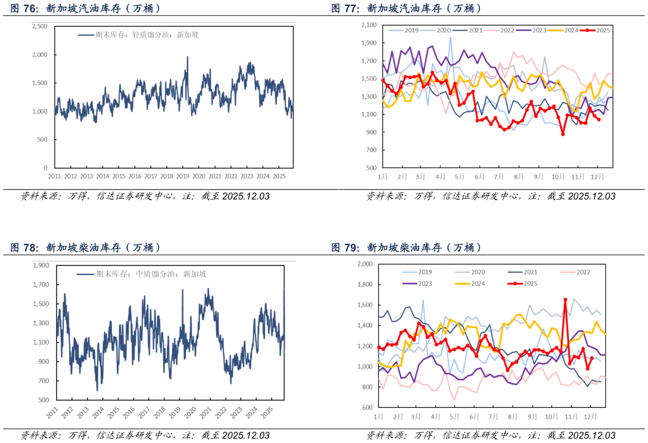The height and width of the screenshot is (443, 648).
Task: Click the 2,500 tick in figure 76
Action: (40, 26)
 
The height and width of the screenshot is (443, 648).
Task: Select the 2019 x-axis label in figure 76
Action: (183, 176)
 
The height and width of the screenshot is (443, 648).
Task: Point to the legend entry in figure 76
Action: (138, 35)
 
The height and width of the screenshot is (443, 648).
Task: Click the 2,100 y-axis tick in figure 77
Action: (369, 25)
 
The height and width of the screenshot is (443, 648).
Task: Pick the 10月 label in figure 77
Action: (558, 176)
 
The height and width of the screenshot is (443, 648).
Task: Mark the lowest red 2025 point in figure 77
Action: (563, 134)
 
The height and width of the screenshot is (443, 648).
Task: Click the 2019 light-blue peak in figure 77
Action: (450, 37)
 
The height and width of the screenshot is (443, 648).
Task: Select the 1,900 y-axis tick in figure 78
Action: (41, 266)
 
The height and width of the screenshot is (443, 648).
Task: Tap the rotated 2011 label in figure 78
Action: (52, 413)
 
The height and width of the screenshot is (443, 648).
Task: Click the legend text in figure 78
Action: (151, 274)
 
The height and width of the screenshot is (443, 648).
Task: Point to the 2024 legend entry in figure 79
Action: (470, 283)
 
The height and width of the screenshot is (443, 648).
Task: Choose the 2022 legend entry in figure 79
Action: (575, 272)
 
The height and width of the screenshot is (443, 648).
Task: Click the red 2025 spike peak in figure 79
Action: (565, 299)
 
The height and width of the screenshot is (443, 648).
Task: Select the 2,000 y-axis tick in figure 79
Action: (364, 264)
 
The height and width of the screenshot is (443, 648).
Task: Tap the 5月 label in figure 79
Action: (454, 417)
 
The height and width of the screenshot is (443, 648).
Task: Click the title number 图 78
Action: (24, 248)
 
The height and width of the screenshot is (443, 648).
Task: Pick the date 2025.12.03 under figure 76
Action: (246, 196)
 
